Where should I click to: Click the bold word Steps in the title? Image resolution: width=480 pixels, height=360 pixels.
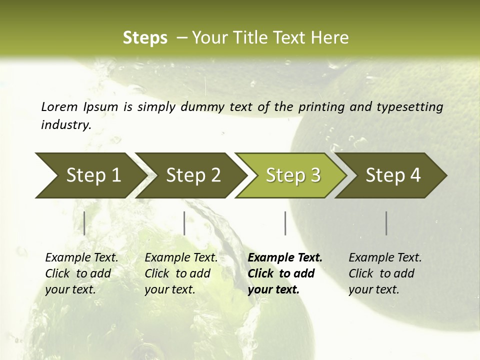coord(145,38)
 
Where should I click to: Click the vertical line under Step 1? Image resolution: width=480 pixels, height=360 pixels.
coord(84,223)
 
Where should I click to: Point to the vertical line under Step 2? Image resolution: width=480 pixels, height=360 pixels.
coord(184,223)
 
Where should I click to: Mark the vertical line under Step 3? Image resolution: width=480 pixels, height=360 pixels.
coord(285,223)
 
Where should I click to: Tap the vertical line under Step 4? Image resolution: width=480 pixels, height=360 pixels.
coord(386,223)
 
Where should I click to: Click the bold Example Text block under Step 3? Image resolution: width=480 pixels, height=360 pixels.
coord(284,273)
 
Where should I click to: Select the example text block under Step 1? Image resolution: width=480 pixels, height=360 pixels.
coord(81,273)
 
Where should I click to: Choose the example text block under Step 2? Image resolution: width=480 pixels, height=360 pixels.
coord(181,273)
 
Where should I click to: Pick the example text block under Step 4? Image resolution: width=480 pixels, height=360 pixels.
coord(385,273)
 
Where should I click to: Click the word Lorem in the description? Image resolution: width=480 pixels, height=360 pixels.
coord(59,106)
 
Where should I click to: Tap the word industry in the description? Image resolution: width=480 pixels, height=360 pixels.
coord(66,125)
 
